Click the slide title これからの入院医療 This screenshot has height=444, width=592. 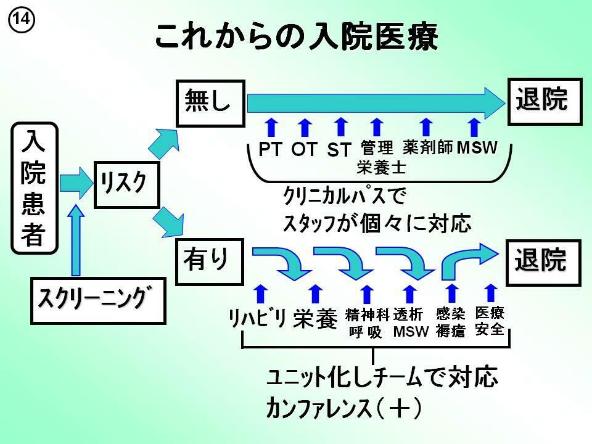(296, 38)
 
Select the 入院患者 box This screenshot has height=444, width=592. (35, 187)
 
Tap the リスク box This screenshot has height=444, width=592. (126, 183)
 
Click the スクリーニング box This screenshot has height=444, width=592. (98, 300)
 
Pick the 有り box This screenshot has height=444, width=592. (210, 262)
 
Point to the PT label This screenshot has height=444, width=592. (270, 149)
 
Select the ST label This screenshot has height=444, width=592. (339, 149)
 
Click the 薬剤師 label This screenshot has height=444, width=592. (428, 147)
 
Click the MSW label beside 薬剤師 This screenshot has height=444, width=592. (477, 148)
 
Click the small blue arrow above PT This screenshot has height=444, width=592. (270, 127)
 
